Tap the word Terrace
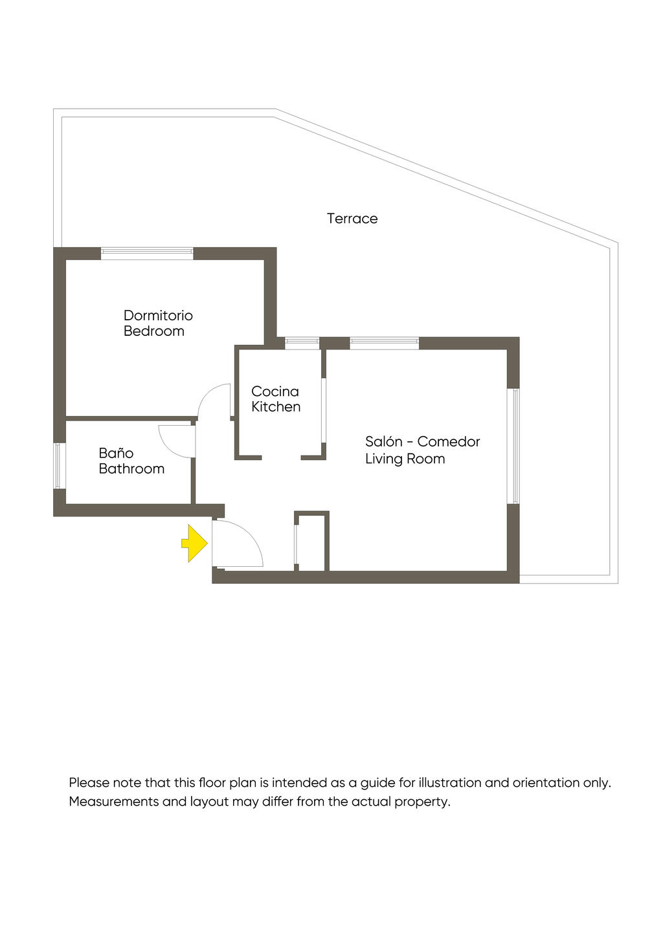(x=352, y=219)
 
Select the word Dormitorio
(x=158, y=316)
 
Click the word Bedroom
(x=154, y=331)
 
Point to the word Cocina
(x=275, y=391)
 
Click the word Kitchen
(x=276, y=407)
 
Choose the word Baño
(x=116, y=453)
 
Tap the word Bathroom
(x=131, y=469)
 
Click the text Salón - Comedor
(x=422, y=442)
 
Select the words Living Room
(x=405, y=459)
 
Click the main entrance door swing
(x=237, y=544)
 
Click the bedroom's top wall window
(x=147, y=253)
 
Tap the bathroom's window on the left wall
(x=59, y=465)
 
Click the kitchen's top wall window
(x=302, y=343)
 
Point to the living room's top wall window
(x=384, y=343)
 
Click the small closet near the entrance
(x=312, y=542)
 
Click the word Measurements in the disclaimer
(x=113, y=802)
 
